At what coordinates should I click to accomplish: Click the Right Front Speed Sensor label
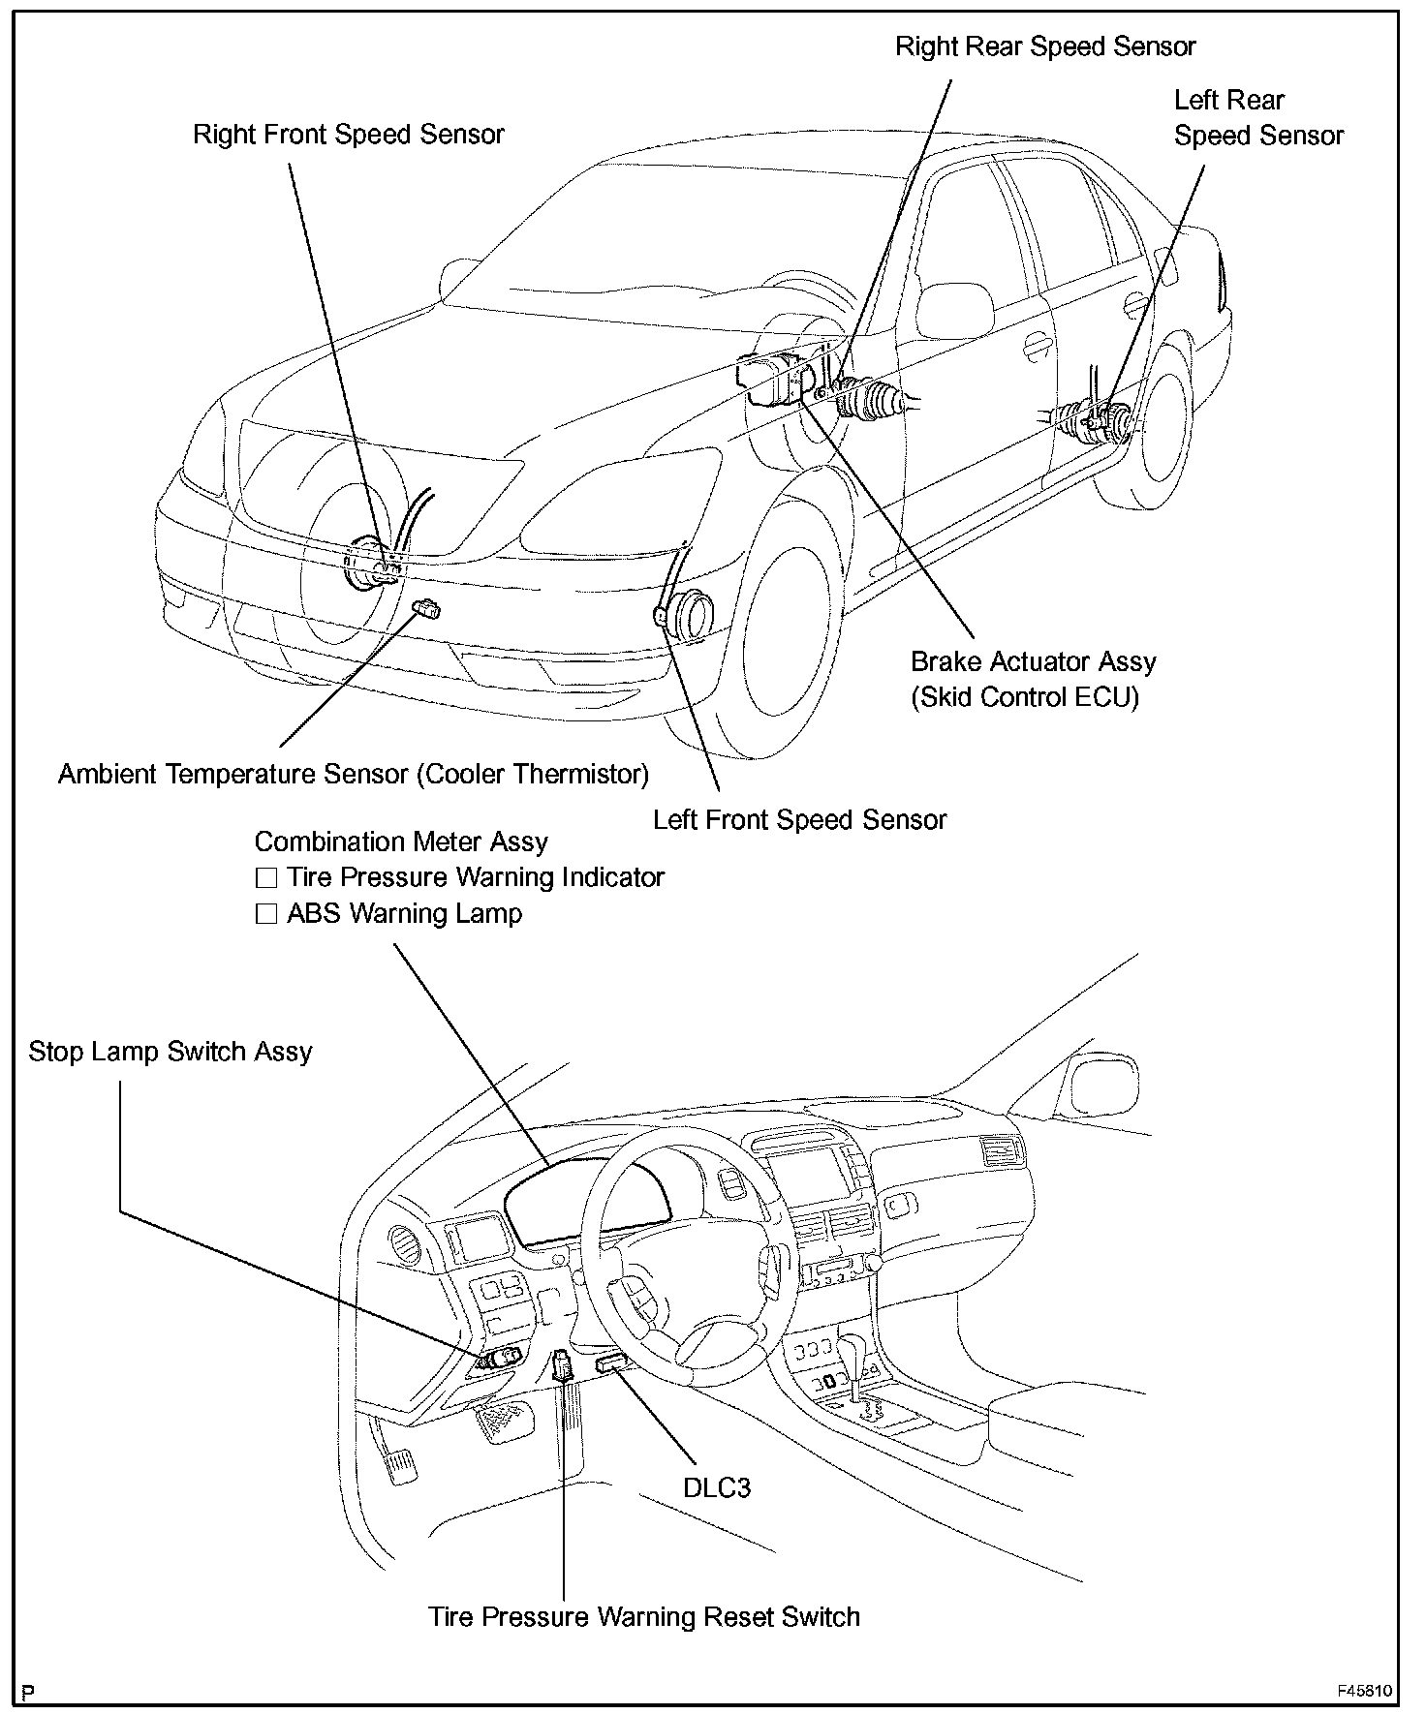pos(349,134)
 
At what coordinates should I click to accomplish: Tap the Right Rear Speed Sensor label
pos(1045,46)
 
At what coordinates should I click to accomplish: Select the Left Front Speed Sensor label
pos(799,819)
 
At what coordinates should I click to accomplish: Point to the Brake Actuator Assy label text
pos(1034,661)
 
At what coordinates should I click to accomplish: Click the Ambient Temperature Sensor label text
pos(354,774)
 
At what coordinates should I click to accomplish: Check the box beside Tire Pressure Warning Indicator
pos(265,878)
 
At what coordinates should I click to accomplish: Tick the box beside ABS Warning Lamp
pos(265,914)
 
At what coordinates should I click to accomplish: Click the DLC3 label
pos(717,1487)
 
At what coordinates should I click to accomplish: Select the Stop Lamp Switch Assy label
pos(170,1052)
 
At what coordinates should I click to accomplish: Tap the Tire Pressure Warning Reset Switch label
pos(644,1616)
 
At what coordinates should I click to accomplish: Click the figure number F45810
pos(1365,1691)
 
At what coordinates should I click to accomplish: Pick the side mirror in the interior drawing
pos(1100,1082)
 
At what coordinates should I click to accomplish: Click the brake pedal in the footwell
pos(506,1421)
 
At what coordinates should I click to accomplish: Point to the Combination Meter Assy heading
pos(401,842)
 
